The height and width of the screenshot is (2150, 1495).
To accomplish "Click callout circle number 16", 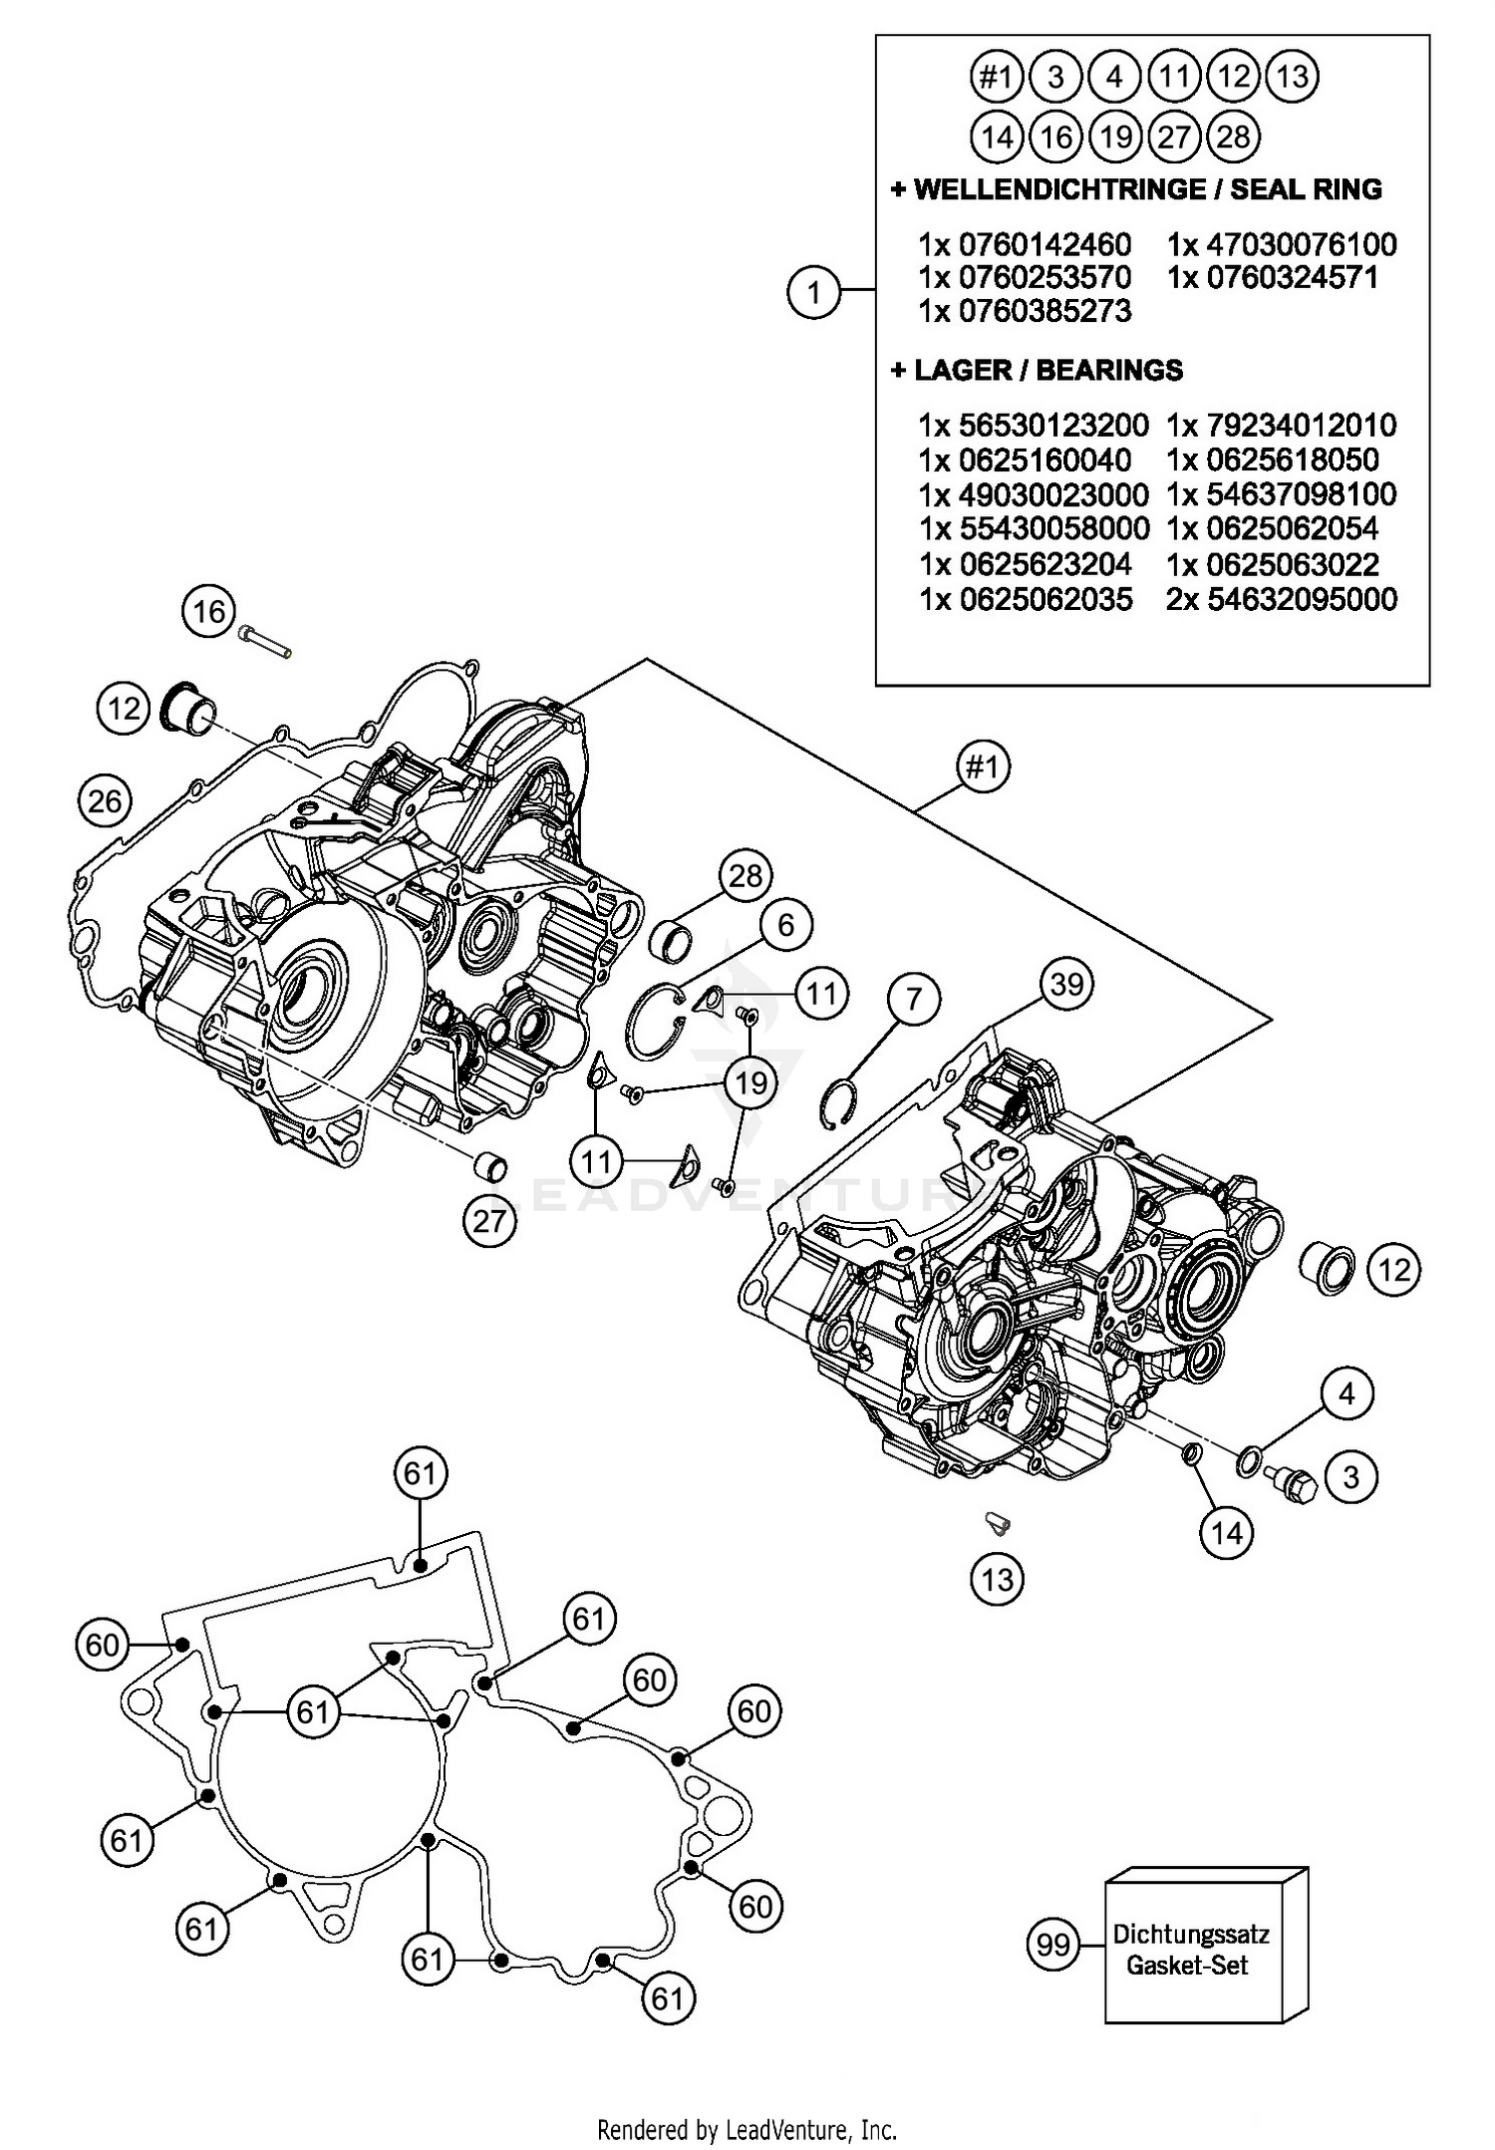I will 209,610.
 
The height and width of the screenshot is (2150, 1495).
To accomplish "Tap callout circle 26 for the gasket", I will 105,800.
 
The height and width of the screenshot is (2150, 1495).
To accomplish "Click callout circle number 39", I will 1066,985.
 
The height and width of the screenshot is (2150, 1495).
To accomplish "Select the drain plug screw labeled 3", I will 1294,1485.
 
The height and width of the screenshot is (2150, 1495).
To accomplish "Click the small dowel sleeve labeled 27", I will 489,1165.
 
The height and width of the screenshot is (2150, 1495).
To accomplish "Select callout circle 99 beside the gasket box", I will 1052,1945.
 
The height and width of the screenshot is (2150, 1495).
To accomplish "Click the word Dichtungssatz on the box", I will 1191,1935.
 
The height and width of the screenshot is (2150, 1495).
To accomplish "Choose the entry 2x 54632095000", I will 1282,599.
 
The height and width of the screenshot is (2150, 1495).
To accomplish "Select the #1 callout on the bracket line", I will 983,768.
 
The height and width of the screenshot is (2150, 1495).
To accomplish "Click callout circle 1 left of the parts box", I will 814,293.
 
